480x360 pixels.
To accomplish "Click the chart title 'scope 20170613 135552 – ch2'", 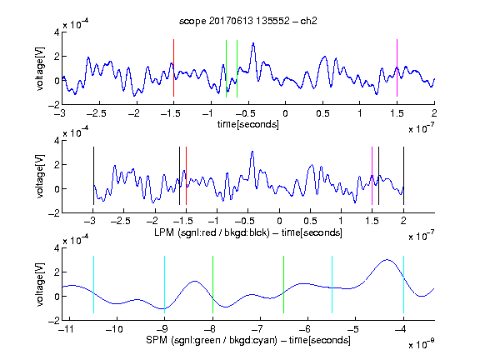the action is [247, 21].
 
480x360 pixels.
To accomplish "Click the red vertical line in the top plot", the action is [173, 68].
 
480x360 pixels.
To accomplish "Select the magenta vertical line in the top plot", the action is [397, 68].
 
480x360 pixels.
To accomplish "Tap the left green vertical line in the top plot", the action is [226, 68].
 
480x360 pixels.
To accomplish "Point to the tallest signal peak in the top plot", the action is [253, 43].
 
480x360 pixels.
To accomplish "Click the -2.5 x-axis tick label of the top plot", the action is [96, 114].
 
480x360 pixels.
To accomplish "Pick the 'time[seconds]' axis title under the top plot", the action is [248, 124].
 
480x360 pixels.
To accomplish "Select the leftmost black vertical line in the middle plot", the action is [93, 176].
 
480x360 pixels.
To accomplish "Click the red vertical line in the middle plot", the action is [186, 176].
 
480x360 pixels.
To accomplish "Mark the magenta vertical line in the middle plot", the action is [372, 176].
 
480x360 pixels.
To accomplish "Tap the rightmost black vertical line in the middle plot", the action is [403, 176].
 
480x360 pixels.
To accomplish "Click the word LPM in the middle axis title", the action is [164, 232].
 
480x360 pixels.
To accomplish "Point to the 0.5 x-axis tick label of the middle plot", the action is [310, 221].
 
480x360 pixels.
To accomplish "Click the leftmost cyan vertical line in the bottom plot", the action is [93, 284].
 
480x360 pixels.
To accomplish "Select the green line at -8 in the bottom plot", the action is [212, 284].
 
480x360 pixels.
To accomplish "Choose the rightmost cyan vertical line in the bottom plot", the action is [403, 284].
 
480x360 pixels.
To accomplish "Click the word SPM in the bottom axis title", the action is [156, 340].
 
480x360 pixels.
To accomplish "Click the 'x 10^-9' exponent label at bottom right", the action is [421, 344].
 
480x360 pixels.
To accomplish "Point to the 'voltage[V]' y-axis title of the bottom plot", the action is [40, 284].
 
